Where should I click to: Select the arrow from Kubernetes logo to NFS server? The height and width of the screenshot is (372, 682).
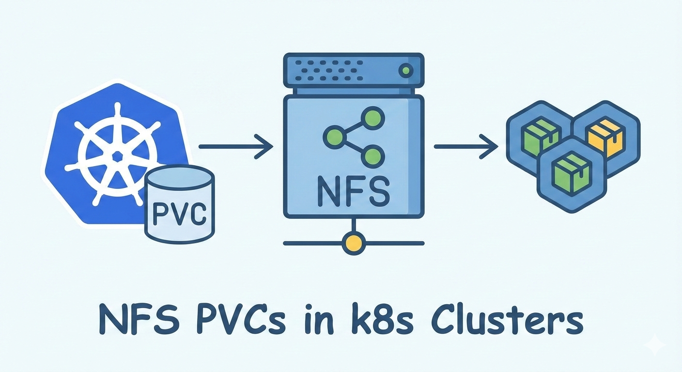click(x=236, y=146)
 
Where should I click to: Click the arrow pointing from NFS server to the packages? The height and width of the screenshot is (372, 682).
click(x=465, y=146)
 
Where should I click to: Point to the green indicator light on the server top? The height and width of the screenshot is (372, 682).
click(x=405, y=71)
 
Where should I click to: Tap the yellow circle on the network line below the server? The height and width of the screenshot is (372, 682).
click(x=353, y=243)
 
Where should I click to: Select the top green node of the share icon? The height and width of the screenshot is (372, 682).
click(x=373, y=117)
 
